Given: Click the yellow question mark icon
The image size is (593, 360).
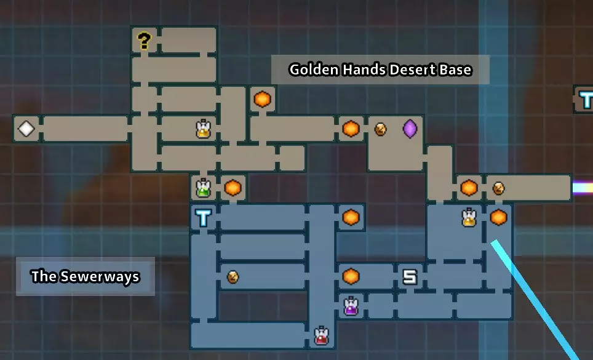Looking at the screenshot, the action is pos(144,41).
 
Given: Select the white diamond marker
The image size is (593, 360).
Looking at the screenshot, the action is pos(26,129).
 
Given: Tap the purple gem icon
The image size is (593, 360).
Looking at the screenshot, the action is pos(410,129).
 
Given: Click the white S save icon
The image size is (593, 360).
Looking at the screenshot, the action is pos(410,277).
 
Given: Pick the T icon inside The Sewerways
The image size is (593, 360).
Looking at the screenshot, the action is pos(203,217).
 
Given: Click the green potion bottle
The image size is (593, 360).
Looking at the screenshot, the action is pos(203,188).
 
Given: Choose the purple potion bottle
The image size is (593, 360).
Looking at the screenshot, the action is pos(351,306).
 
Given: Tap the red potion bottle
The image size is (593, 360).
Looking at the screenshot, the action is pos(321,335).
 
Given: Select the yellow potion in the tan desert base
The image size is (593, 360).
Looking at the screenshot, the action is pos(203,129).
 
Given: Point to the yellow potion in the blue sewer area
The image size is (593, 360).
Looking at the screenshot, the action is pos(469,217).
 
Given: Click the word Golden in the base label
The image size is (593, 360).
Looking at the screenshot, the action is pos(314,70).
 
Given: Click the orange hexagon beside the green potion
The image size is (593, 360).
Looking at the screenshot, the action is pos(233,188).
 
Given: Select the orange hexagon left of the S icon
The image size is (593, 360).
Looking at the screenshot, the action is pos(351,276).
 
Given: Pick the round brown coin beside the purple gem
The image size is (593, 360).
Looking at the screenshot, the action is pos(380,129).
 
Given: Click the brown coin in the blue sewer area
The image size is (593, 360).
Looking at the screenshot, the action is pos(233,277).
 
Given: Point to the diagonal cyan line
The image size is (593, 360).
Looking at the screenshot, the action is pos(536,301).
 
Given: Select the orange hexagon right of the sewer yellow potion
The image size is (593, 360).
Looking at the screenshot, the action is pos(498,217).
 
